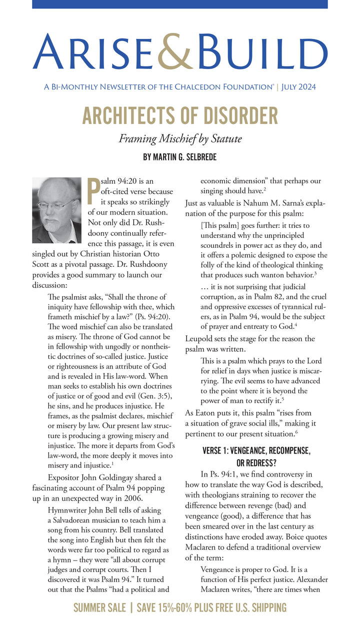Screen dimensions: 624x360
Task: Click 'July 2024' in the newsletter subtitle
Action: [298, 87]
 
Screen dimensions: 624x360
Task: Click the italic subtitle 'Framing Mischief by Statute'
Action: [179, 138]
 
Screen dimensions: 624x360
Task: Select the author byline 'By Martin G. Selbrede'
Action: [179, 157]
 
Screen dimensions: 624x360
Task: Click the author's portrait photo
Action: [56, 210]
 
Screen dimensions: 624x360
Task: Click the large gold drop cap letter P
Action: [93, 191]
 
